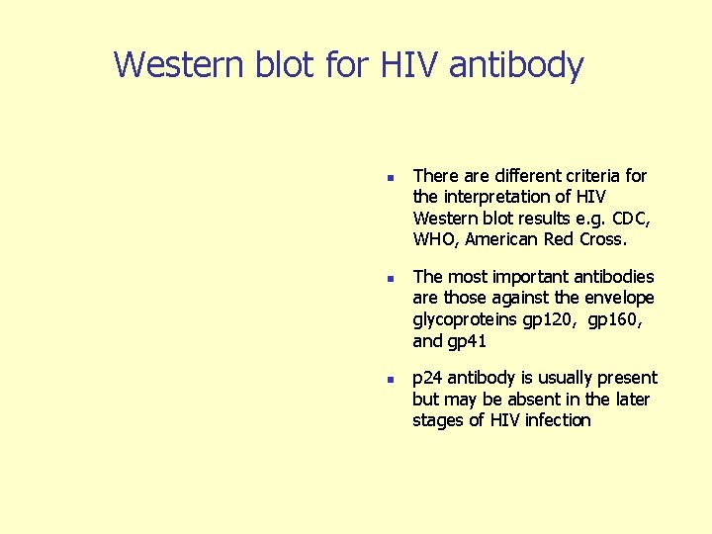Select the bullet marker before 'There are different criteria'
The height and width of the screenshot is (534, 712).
click(391, 178)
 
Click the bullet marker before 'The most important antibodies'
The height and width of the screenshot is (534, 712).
click(391, 279)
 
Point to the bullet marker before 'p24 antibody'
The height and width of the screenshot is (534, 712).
click(391, 380)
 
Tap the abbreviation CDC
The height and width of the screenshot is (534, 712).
click(628, 218)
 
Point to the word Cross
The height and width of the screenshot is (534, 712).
click(600, 239)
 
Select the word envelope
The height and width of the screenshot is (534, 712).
click(618, 298)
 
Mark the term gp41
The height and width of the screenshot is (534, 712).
click(468, 341)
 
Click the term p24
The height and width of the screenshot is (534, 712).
click(427, 378)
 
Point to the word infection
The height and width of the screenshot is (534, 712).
click(556, 420)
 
